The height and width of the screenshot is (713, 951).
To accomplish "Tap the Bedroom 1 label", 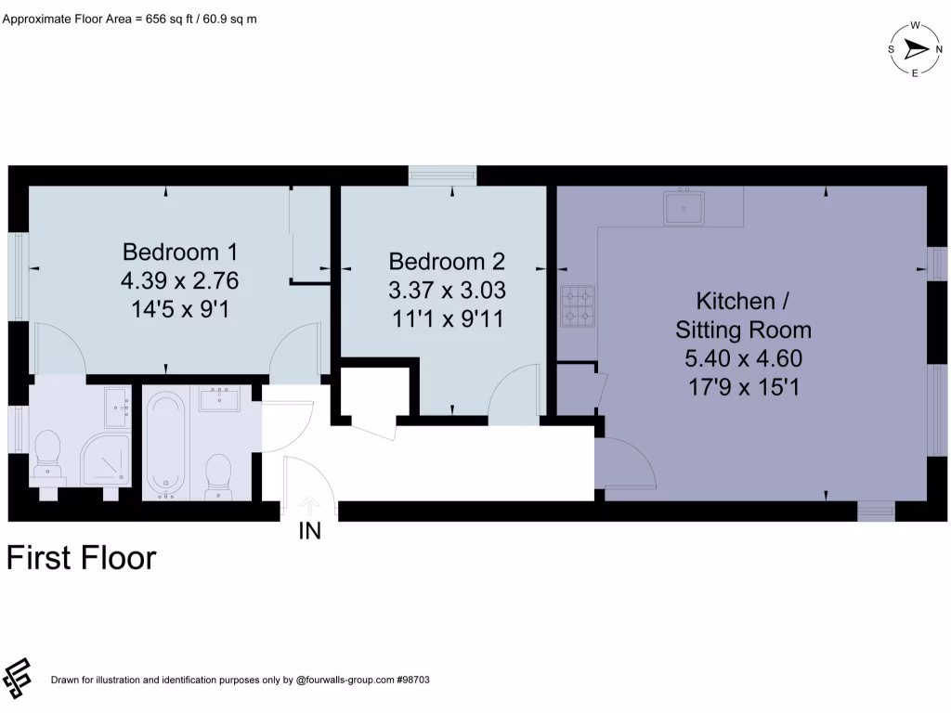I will (180, 252).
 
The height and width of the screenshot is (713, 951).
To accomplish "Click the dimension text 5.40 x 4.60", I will (743, 358).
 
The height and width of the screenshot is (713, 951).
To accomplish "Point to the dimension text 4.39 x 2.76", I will (180, 279).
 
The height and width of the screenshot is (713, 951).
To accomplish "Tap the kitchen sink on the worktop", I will (685, 207).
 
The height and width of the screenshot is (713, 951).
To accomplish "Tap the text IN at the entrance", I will (309, 532).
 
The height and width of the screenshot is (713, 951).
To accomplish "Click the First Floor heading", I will (82, 558).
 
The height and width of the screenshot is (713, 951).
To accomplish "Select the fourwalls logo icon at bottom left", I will (19, 679).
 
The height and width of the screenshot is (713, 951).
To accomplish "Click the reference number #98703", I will (412, 681).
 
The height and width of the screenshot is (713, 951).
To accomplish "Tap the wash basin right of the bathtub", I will (218, 400).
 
